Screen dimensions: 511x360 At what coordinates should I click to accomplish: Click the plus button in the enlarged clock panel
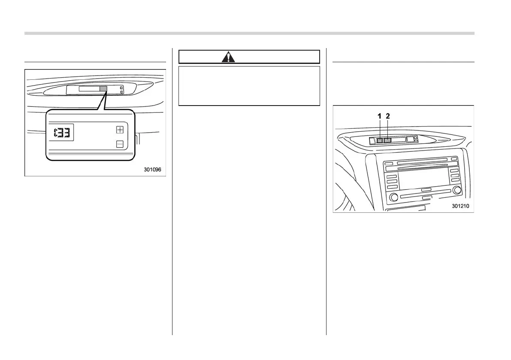coord(120,130)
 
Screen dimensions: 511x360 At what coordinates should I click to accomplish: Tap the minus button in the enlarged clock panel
coord(120,144)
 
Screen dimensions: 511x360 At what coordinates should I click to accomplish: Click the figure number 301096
coord(152,170)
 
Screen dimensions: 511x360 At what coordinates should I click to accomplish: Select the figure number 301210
coord(460,206)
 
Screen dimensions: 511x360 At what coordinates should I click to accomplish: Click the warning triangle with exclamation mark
coord(228,57)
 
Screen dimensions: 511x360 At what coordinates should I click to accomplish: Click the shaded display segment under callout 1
coord(379,140)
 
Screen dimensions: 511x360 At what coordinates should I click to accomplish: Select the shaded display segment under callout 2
coord(387,140)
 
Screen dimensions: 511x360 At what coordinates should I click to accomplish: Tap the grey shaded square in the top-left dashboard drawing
coord(103,89)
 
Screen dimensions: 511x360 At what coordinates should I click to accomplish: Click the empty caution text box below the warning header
coord(249,86)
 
